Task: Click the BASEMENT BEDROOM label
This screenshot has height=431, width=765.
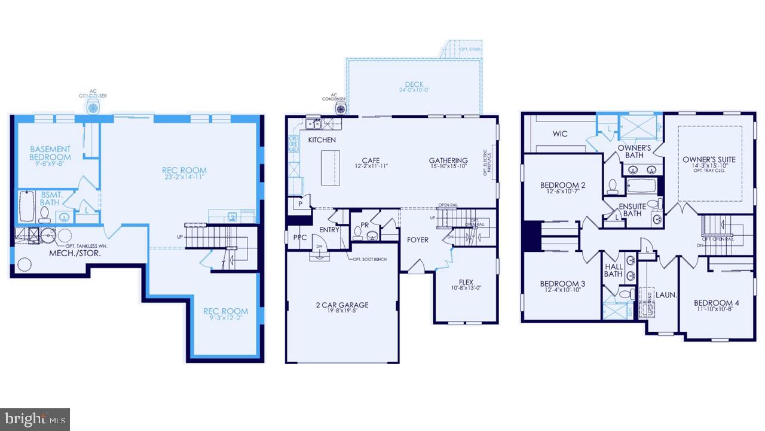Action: tap(50, 153)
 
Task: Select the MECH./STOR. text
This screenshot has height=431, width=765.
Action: tap(74, 254)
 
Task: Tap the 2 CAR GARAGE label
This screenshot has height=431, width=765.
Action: tap(342, 305)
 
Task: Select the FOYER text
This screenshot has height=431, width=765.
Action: tap(418, 240)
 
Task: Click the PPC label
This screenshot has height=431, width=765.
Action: tap(299, 238)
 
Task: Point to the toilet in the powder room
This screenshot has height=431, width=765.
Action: tap(372, 235)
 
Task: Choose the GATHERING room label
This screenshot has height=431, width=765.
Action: tap(448, 160)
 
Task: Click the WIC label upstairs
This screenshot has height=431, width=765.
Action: tap(560, 133)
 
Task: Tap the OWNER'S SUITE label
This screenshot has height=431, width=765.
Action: tap(709, 160)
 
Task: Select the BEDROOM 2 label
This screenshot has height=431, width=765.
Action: tap(562, 186)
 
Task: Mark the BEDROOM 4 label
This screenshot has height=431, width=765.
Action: tap(717, 303)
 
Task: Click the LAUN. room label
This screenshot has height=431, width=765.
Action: tap(665, 295)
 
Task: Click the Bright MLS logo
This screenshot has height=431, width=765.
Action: tap(35, 419)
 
